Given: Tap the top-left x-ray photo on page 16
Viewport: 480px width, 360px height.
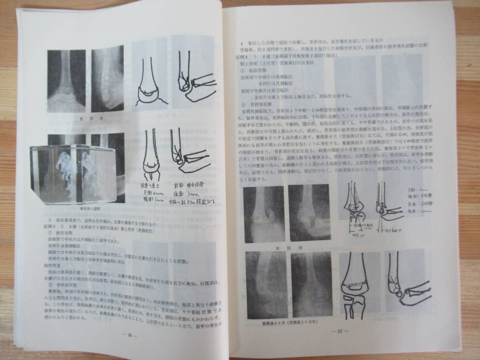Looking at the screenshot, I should tap(66, 81).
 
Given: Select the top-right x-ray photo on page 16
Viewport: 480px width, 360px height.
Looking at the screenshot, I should tap(107, 79).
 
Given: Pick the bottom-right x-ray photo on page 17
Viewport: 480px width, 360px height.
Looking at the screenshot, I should tap(311, 285).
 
